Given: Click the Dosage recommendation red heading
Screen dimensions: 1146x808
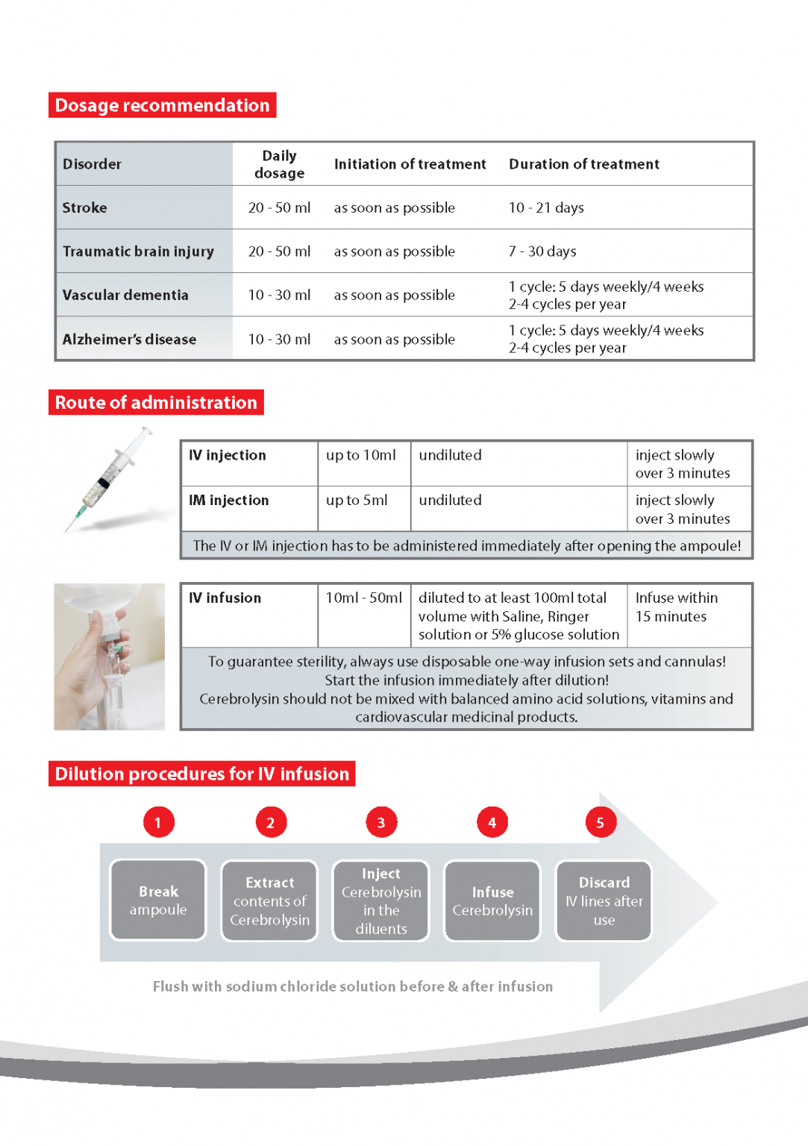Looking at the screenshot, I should [x=162, y=105].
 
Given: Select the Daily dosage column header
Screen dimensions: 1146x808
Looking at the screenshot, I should [x=279, y=164].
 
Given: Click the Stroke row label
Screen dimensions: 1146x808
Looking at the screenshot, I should [x=85, y=208].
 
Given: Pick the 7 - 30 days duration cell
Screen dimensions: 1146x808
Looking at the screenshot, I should [x=542, y=251].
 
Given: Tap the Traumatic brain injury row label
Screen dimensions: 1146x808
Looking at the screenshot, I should [x=138, y=251].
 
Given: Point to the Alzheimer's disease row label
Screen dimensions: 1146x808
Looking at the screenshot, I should [x=129, y=339].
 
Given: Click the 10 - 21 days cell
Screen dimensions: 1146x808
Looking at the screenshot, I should [x=546, y=208].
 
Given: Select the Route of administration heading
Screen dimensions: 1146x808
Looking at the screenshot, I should [x=156, y=403].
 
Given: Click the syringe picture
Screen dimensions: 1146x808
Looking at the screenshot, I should [x=112, y=480].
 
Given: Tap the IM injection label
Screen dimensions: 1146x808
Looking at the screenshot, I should [x=229, y=501].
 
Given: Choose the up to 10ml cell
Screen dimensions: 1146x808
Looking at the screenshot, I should [x=361, y=456].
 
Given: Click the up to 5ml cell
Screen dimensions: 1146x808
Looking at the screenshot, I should [x=357, y=501].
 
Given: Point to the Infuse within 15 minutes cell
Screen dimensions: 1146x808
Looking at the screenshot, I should [x=676, y=607].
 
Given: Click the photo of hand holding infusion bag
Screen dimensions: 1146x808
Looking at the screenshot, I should [x=110, y=657].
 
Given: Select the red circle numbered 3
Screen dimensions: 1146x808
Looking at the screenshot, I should [x=381, y=822].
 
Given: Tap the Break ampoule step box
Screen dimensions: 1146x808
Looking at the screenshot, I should [x=158, y=901].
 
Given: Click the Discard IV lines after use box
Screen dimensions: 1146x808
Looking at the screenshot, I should [x=604, y=901].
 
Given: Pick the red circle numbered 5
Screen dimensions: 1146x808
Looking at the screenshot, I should [x=601, y=822].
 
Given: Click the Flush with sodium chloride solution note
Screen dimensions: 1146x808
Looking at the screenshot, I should [x=353, y=986].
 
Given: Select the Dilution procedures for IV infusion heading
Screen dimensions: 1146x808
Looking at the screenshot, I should [x=202, y=774].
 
